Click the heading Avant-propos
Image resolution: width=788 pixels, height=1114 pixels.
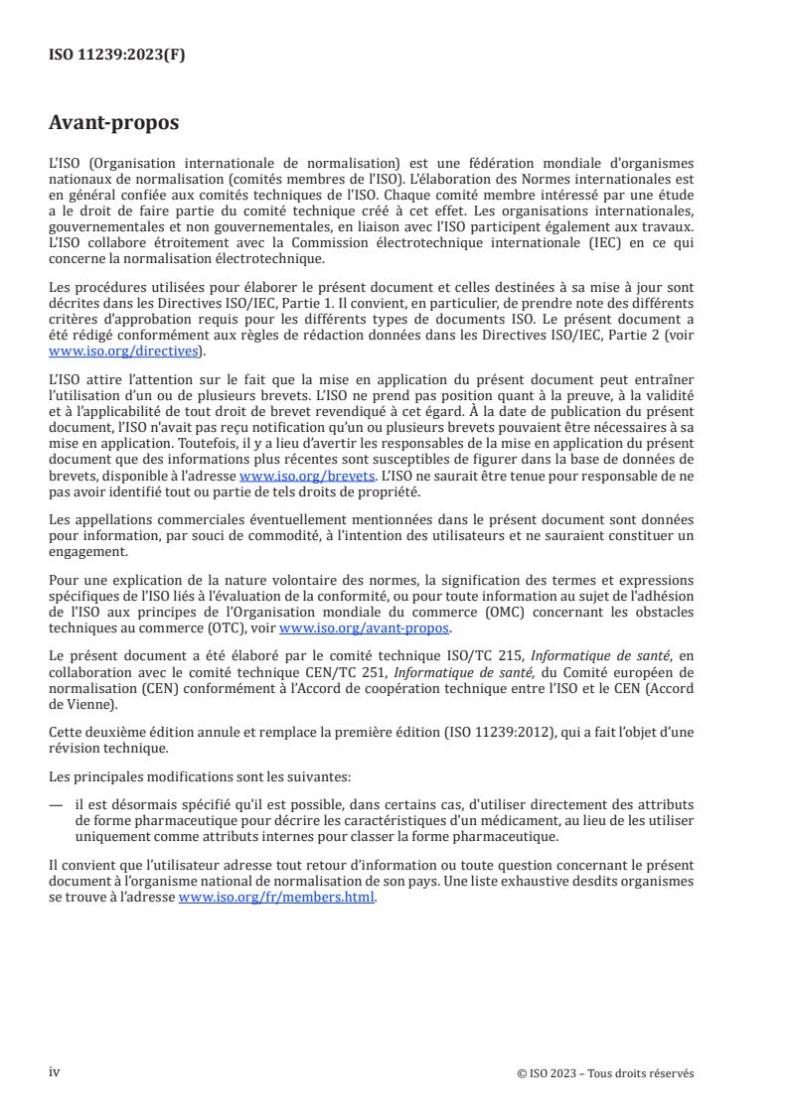pyautogui.click(x=114, y=124)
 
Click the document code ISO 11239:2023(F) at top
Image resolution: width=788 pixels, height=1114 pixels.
pyautogui.click(x=117, y=56)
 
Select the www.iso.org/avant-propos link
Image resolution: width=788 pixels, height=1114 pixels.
pyautogui.click(x=365, y=628)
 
